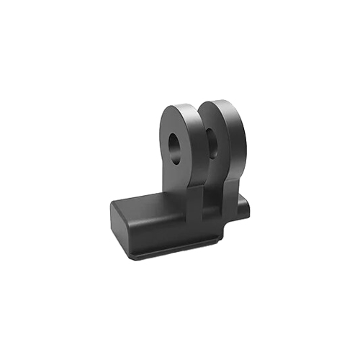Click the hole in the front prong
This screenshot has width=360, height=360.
point(175,146)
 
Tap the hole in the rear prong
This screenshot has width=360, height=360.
point(214,138)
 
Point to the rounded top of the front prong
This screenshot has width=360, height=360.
point(176,107)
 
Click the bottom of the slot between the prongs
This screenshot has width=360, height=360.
point(206,212)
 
